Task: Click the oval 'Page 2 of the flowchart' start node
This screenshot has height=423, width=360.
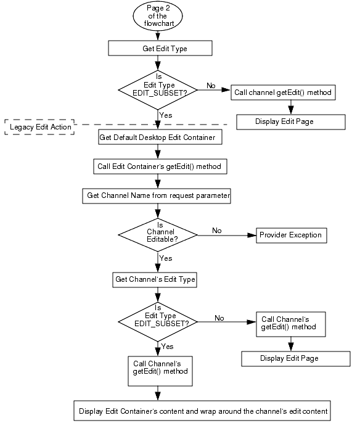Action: pos(159,17)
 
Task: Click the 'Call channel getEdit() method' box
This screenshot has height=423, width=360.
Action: pos(283,92)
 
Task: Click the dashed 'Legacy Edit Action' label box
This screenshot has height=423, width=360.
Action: pos(40,127)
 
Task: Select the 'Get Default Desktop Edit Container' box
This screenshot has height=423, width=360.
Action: pos(158,138)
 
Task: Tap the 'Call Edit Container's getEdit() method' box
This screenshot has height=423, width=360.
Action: pos(158,166)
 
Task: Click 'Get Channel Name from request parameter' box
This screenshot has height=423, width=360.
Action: pos(158,195)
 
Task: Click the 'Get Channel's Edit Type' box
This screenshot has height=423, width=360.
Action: pos(155,279)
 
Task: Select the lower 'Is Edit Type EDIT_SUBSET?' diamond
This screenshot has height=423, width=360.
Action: pos(158,321)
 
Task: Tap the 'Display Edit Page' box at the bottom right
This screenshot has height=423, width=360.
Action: pos(289,358)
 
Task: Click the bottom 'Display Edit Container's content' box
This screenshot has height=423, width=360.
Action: pos(203,410)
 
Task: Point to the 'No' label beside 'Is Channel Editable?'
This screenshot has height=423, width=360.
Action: pos(217,230)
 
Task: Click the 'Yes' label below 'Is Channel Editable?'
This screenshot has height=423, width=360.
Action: pos(166,258)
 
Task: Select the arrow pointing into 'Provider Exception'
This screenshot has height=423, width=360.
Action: pos(247,235)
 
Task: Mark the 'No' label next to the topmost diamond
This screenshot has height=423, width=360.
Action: pos(211,86)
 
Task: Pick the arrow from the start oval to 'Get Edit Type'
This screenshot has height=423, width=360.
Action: pos(159,36)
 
